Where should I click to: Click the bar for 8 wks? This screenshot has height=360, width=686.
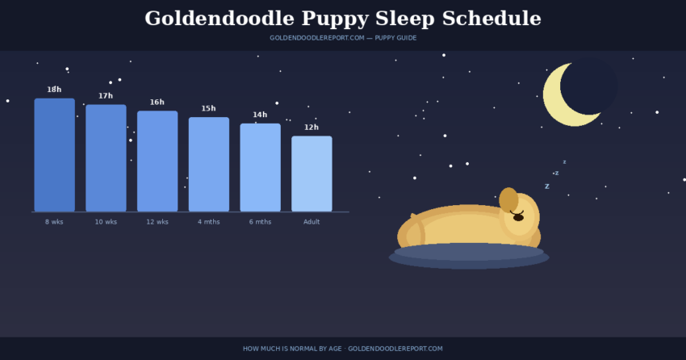point(54,155)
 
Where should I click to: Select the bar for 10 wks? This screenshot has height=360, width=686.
point(106,158)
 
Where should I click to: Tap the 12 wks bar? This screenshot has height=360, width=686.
point(157,161)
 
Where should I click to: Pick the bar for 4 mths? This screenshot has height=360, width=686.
point(209,165)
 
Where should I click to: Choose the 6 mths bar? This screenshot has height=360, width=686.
point(260,168)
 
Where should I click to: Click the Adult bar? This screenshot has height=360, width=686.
point(312,174)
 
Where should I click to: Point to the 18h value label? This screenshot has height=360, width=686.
point(54,90)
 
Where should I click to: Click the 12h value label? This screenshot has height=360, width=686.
point(312,128)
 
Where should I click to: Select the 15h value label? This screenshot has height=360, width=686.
point(209,109)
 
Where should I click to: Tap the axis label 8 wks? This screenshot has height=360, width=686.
point(54,222)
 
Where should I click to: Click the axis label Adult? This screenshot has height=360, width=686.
point(312,222)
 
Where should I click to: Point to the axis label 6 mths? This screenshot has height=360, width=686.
point(260,222)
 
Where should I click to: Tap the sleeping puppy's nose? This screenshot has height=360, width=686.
point(518,217)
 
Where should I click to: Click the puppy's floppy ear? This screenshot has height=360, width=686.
point(508,199)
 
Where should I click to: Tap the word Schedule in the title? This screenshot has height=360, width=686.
point(492,19)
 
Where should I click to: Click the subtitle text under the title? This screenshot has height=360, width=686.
point(343,38)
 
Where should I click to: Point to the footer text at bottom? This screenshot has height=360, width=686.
point(343,349)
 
